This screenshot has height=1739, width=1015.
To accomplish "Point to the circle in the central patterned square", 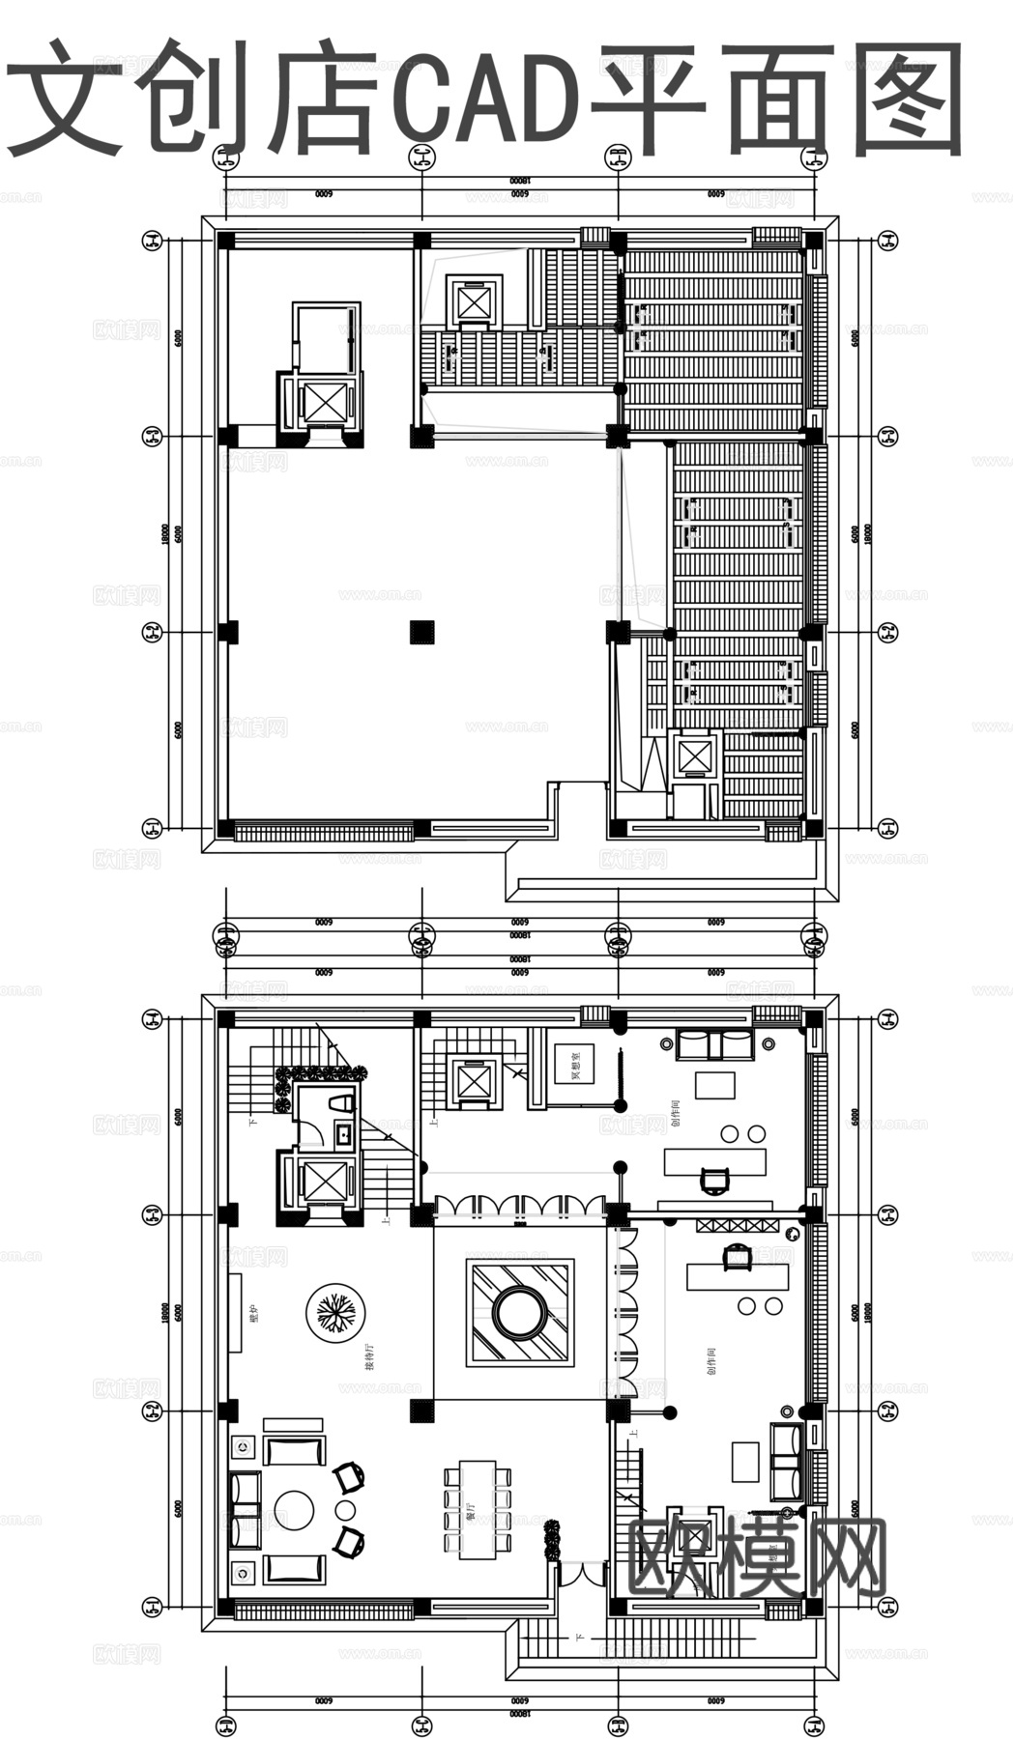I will pyautogui.click(x=521, y=1311).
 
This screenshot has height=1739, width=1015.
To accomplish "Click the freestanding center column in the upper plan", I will pyautogui.click(x=421, y=631).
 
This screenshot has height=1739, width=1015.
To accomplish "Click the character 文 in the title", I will pyautogui.click(x=66, y=97).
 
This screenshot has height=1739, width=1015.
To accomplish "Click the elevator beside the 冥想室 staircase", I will pyautogui.click(x=475, y=1081).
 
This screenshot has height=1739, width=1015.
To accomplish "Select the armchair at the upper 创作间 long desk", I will pyautogui.click(x=714, y=1181).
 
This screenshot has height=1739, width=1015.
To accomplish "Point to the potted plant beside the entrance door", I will pyautogui.click(x=552, y=1542).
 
